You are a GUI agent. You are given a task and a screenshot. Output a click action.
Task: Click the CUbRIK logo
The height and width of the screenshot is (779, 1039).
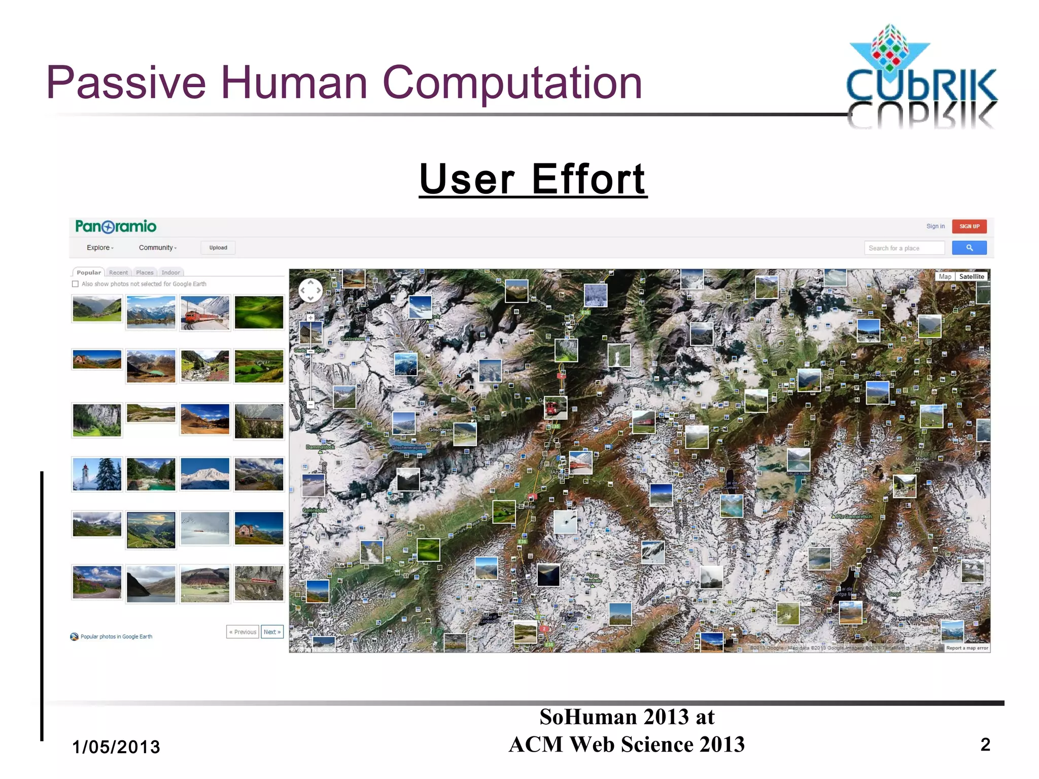[921, 76]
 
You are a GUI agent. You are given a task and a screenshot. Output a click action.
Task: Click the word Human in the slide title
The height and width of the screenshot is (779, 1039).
[294, 83]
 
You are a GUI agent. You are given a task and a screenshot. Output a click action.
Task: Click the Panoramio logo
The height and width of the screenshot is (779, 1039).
[116, 226]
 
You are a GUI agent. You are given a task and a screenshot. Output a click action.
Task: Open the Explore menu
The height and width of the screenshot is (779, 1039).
[100, 247]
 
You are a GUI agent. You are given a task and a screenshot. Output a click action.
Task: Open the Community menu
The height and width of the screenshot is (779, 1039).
[158, 247]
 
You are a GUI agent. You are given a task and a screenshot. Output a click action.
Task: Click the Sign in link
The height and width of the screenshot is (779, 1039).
[935, 226]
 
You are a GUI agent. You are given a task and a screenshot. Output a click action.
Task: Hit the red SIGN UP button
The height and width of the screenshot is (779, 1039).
[969, 226]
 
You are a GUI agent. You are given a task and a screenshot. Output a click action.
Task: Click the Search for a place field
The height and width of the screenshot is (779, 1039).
[904, 248]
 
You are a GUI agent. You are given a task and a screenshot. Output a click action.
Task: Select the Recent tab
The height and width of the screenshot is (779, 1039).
[118, 272]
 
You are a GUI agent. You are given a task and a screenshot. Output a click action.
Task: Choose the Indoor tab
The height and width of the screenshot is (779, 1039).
[170, 272]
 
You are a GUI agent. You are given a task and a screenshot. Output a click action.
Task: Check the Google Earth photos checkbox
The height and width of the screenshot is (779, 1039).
[76, 284]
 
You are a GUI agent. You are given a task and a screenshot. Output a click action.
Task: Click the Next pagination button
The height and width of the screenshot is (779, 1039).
[272, 632]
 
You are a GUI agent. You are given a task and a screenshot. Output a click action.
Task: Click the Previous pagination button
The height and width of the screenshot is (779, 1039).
[243, 632]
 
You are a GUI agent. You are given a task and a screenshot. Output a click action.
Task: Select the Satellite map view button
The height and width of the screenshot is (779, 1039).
[972, 276]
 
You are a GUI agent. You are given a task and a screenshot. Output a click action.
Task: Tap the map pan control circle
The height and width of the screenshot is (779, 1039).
[310, 291]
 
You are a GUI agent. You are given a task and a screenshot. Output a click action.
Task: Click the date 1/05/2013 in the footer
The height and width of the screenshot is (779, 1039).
[116, 747]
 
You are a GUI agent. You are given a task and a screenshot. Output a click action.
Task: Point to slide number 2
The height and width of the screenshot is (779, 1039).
[985, 744]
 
